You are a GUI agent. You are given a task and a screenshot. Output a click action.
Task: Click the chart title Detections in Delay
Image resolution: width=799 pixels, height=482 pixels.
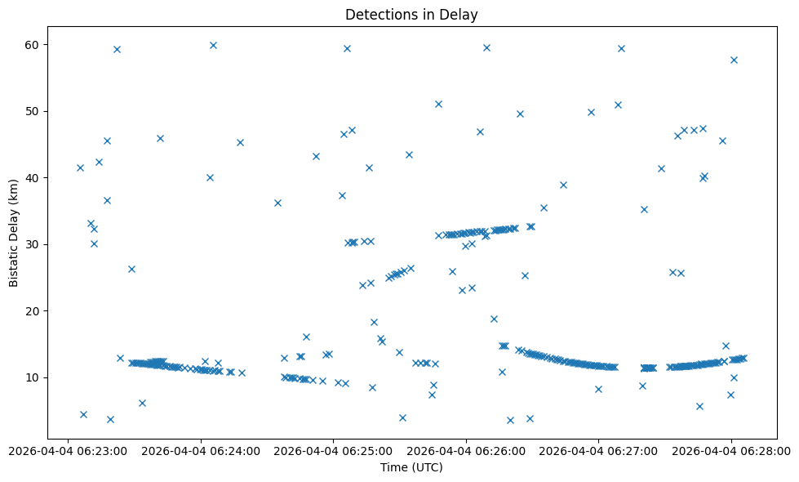click(x=411, y=14)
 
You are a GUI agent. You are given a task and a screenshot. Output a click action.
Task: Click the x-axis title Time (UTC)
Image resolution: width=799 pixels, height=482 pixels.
click(x=411, y=467)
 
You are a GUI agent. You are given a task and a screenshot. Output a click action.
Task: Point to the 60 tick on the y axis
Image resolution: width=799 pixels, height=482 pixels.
click(x=37, y=44)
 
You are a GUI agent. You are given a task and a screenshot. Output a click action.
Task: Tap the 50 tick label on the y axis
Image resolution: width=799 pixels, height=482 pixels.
click(x=37, y=111)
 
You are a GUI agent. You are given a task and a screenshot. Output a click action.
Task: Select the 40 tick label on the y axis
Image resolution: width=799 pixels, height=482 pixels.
click(x=37, y=177)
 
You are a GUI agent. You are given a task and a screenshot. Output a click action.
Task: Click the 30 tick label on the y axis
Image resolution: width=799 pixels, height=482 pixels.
click(x=37, y=244)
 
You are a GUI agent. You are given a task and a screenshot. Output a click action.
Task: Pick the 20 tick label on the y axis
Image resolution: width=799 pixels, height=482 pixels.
click(x=37, y=310)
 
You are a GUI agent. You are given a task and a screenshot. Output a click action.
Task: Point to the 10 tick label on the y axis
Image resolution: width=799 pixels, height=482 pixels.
click(x=37, y=377)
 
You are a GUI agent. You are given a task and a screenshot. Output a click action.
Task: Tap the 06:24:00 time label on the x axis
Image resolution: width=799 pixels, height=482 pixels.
click(x=200, y=450)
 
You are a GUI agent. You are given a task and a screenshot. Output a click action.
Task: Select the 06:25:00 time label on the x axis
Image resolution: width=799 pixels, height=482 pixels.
click(x=333, y=450)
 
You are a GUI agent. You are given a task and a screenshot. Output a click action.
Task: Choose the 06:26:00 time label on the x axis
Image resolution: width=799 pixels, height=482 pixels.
click(x=466, y=450)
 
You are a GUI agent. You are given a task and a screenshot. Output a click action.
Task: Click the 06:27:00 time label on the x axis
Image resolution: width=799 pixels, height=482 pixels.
click(x=599, y=450)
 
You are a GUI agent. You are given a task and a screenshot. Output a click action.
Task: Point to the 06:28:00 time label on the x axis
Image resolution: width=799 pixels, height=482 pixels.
click(x=732, y=450)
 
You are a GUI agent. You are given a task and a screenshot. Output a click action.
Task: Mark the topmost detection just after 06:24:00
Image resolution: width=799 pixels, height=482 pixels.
click(x=213, y=45)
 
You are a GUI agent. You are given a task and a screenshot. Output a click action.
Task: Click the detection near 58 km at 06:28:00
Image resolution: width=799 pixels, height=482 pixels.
click(x=734, y=60)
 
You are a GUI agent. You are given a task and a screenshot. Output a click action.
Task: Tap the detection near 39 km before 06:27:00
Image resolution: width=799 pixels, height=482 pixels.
click(x=563, y=185)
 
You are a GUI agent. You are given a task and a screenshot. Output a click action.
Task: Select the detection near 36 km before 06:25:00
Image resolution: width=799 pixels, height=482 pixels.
click(x=277, y=203)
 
